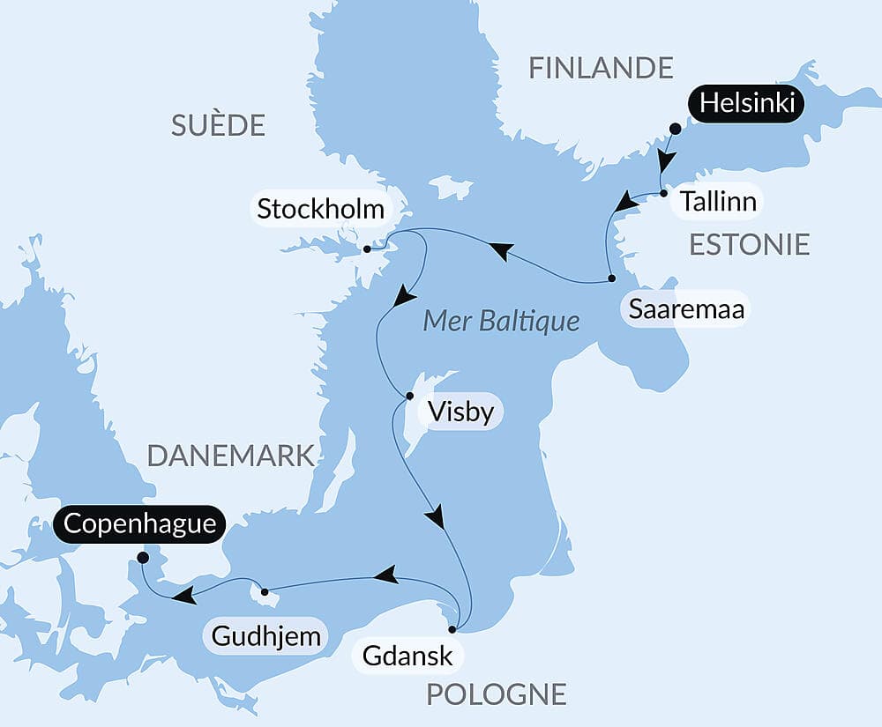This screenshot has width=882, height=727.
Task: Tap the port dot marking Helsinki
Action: click(x=675, y=129)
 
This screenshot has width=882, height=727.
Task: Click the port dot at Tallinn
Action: click(x=663, y=193)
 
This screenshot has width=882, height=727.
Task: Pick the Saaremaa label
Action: click(x=686, y=309)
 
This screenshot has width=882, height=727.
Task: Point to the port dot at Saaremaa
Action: click(x=611, y=279)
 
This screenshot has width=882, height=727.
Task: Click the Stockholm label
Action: click(x=320, y=210)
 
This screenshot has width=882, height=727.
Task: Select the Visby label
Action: click(x=460, y=412)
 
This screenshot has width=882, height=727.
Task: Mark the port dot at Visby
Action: click(x=409, y=396)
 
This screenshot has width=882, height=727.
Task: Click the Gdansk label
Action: click(x=407, y=656)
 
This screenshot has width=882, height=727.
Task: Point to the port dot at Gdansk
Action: click(x=452, y=629)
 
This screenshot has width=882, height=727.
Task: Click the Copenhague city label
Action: click(x=139, y=523)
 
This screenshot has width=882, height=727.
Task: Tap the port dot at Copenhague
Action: click(x=143, y=557)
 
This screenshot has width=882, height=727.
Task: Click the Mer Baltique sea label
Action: click(x=501, y=320)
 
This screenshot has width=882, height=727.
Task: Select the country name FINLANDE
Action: click(x=601, y=68)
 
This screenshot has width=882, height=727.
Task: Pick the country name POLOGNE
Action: click(x=496, y=694)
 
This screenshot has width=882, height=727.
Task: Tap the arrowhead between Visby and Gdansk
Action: click(x=435, y=517)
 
